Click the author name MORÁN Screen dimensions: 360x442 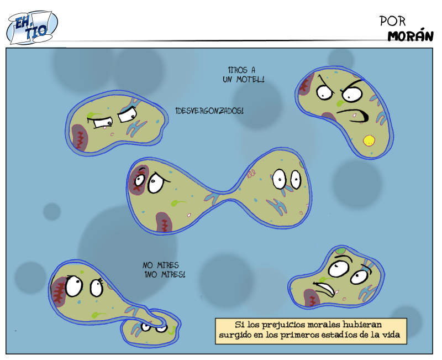pyautogui.click(x=409, y=36)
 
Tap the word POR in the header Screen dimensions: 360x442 pyautogui.click(x=393, y=21)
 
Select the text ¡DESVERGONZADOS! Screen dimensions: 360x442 pyautogui.click(x=209, y=111)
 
